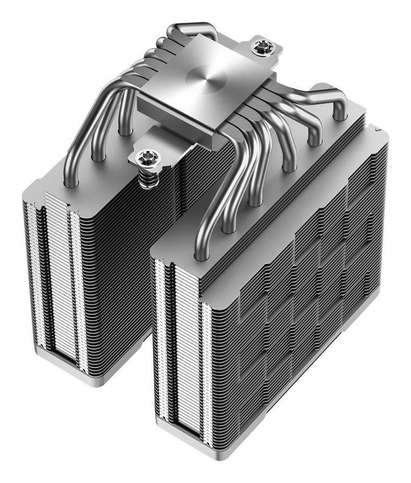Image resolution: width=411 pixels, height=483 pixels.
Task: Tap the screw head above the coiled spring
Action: [x=147, y=158]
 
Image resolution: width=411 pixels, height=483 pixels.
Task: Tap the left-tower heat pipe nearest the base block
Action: [x=125, y=116]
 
